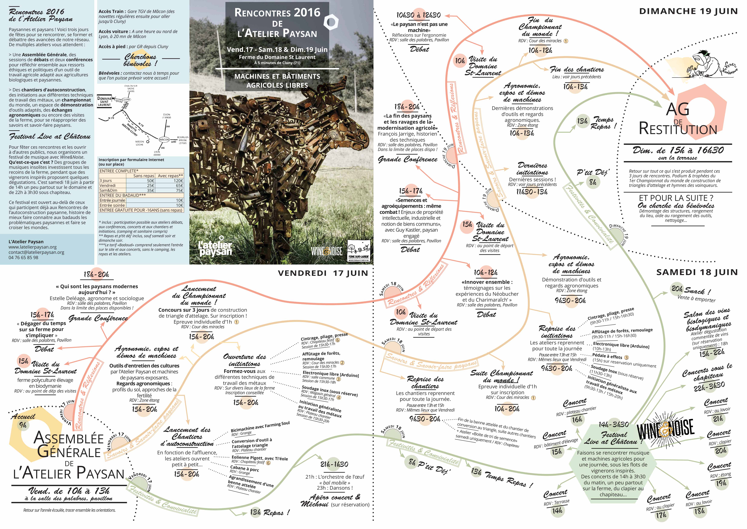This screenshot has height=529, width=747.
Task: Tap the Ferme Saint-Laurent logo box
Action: click(358, 250)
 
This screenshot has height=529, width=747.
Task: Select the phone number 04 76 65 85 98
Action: click(23, 257)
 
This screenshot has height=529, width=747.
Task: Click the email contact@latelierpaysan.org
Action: click(36, 252)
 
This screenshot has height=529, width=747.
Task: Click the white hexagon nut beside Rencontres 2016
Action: click(331, 22)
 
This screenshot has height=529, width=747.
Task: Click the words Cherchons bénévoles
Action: click(140, 60)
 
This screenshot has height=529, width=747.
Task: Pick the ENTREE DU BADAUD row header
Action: click(123, 195)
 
